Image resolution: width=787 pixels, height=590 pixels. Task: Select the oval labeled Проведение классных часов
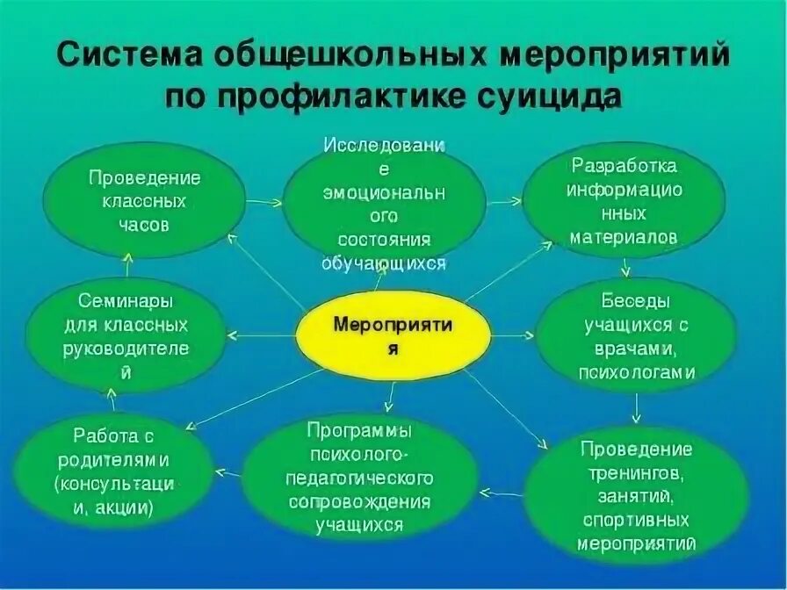(145, 201)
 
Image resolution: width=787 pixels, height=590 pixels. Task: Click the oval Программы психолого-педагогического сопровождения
(360, 478)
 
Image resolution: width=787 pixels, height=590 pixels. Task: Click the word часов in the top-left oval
(144, 225)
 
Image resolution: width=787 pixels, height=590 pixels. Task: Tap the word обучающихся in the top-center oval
(384, 262)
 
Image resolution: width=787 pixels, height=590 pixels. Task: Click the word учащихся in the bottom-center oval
(360, 526)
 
